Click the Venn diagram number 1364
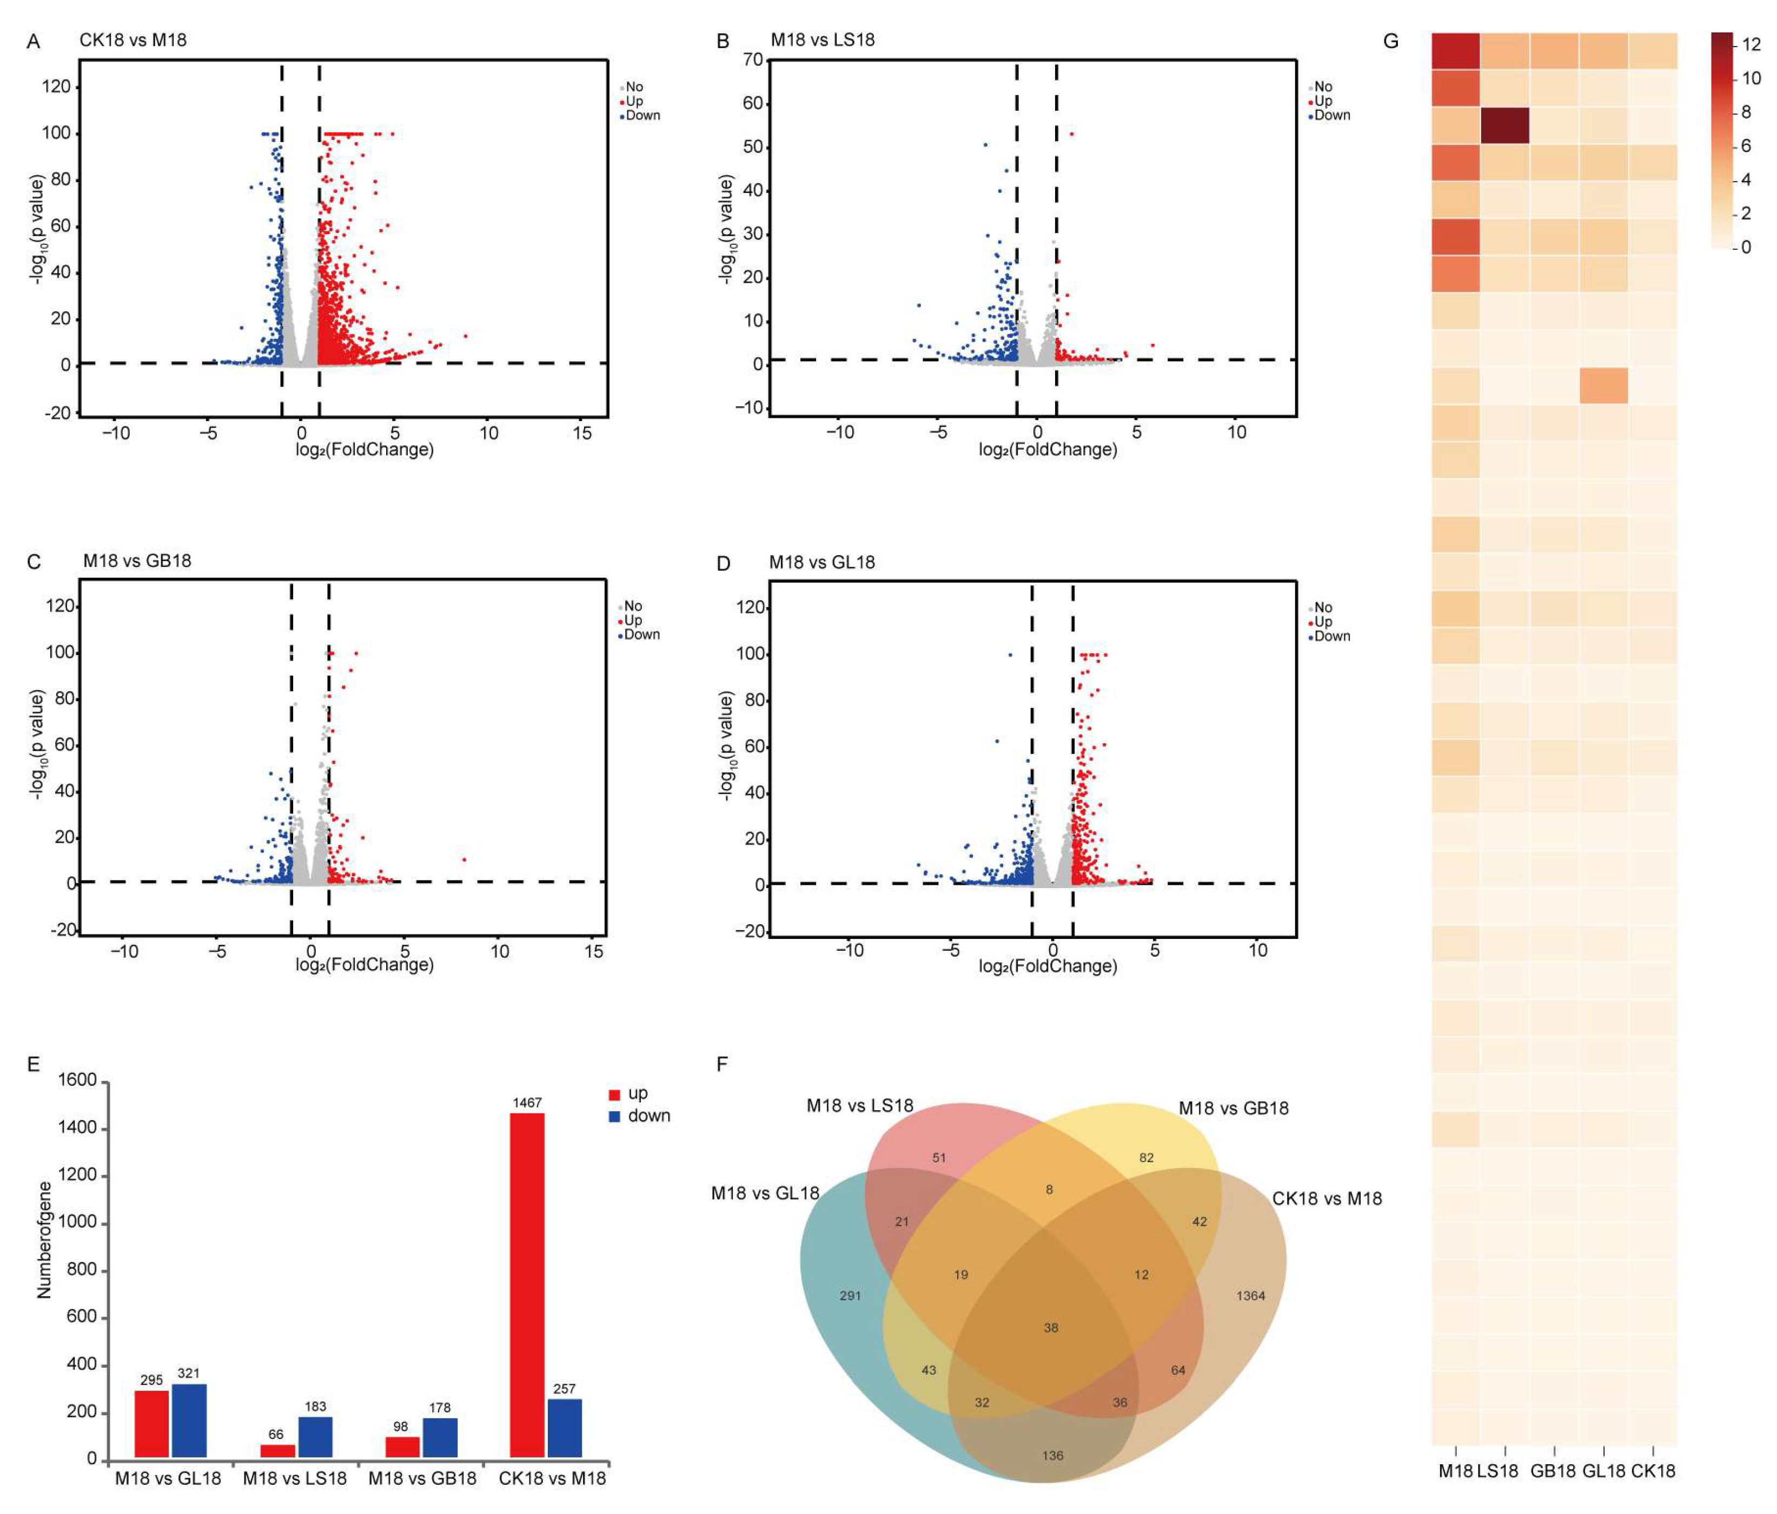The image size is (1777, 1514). (1250, 1296)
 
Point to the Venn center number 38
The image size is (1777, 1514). (1051, 1327)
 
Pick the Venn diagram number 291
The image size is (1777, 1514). (850, 1296)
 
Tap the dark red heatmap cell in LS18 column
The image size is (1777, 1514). (1504, 125)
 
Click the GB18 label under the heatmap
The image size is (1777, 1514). (1553, 1471)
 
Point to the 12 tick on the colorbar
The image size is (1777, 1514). (1751, 44)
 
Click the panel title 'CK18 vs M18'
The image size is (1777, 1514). (133, 41)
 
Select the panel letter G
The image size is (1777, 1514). (1391, 41)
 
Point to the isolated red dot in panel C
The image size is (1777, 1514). (464, 859)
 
